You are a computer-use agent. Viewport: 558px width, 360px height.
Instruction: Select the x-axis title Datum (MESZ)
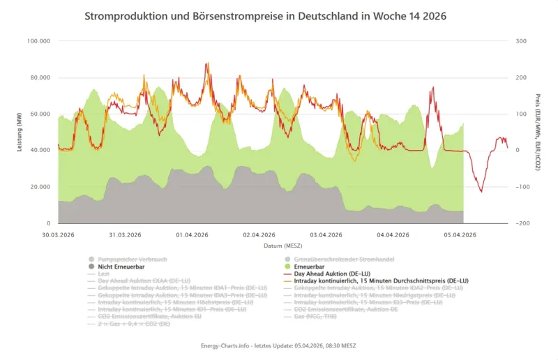(279, 246)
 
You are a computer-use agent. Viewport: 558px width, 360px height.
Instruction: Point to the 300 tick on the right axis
(520, 41)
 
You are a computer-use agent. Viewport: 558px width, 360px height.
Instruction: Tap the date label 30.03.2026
(58, 234)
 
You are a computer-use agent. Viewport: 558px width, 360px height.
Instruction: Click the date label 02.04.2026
(259, 234)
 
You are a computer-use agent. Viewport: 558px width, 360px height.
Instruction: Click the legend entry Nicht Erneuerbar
(123, 266)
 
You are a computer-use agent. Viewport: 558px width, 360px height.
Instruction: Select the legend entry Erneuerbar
(312, 266)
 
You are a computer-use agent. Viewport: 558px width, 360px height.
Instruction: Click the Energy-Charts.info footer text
(279, 346)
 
